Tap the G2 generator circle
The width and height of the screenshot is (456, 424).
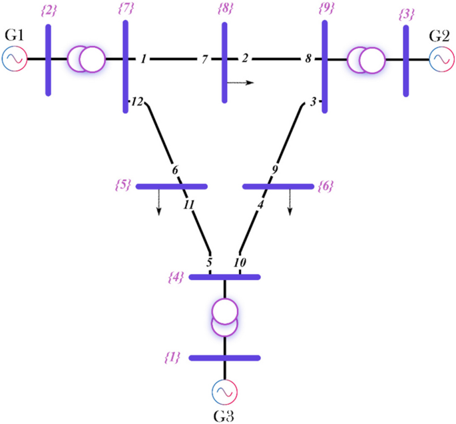click(x=440, y=59)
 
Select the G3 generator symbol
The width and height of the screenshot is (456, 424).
click(x=225, y=393)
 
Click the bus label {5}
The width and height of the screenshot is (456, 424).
click(x=123, y=185)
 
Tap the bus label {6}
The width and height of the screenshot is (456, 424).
click(x=326, y=186)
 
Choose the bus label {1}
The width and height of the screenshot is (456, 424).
click(x=172, y=358)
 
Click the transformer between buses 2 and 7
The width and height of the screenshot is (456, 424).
click(x=86, y=59)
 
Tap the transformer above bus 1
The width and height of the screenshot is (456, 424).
click(x=225, y=317)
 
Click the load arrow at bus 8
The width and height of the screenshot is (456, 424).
click(x=240, y=83)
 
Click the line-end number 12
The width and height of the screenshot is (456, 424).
click(x=136, y=102)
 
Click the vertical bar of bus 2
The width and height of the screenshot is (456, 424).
click(x=48, y=59)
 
